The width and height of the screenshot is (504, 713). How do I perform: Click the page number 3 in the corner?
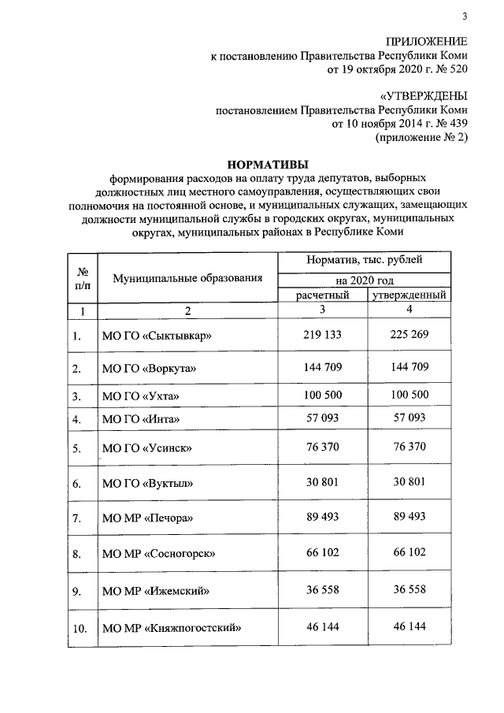click(x=465, y=17)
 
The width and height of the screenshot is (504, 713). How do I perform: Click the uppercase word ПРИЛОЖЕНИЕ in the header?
click(x=426, y=42)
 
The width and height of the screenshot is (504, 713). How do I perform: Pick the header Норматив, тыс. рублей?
click(x=365, y=260)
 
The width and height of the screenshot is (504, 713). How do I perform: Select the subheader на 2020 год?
click(x=365, y=280)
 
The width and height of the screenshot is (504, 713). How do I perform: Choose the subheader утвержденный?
click(x=410, y=295)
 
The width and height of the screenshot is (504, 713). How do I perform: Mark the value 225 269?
click(x=409, y=335)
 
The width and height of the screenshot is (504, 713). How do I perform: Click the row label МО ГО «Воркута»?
click(x=149, y=368)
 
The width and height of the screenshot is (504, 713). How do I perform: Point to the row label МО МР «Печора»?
click(x=147, y=518)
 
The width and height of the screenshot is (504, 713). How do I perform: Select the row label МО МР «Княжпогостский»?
click(x=171, y=628)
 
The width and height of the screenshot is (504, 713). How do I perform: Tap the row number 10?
click(x=78, y=628)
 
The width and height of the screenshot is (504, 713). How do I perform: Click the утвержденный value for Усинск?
click(x=409, y=447)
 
